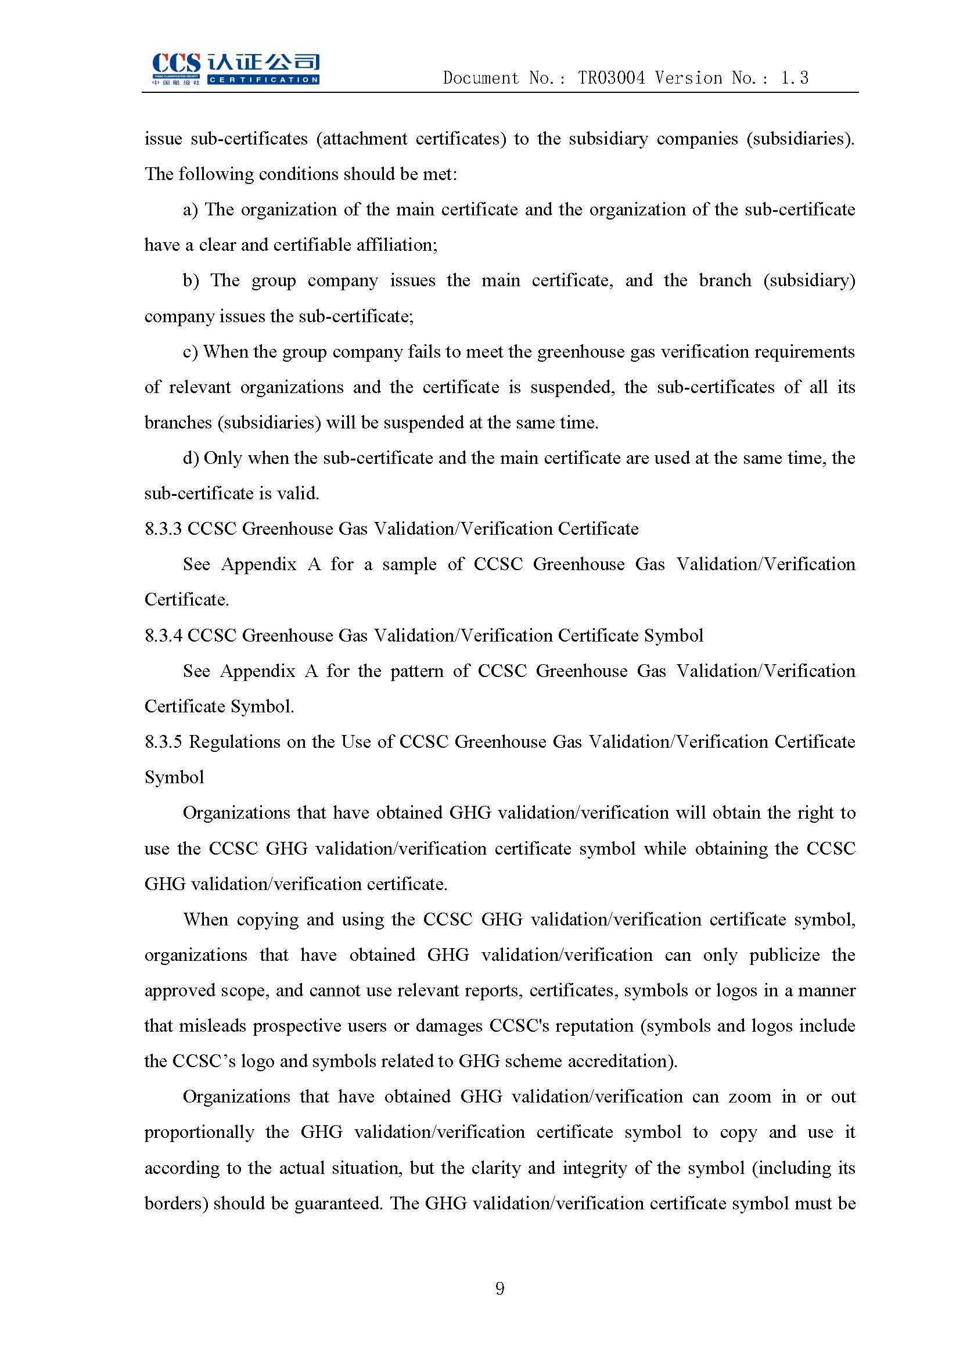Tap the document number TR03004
610,78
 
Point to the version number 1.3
794,78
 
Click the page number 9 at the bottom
500,1288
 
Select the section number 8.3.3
163,529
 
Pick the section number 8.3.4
163,635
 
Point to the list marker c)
190,352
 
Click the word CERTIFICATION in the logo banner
263,80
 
